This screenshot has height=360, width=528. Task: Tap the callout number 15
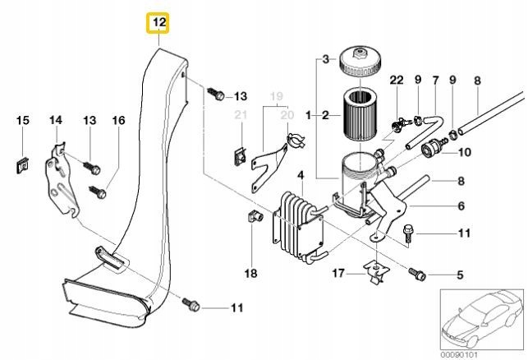pos(23,121)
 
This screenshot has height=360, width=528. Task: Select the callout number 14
pos(56,121)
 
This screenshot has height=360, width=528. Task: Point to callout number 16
pos(118,121)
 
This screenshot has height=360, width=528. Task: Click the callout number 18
pos(250,271)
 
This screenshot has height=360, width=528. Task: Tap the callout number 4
pos(301,175)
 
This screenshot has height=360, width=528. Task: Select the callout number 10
pos(464,152)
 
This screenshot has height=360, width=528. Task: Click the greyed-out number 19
pos(275,95)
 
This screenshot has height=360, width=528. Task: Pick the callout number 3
pos(324,58)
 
